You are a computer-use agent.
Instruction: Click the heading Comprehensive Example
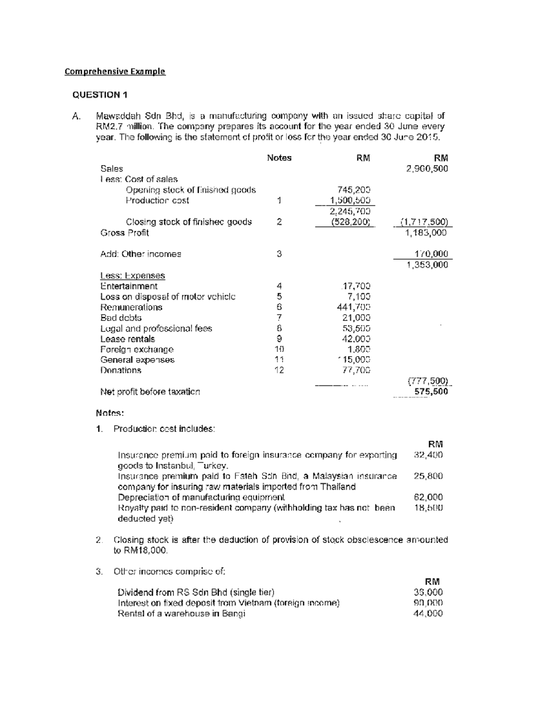(x=115, y=71)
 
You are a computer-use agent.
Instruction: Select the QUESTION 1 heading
(x=100, y=95)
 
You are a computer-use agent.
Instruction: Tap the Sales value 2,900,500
(x=427, y=169)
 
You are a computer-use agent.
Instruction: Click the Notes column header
(x=279, y=158)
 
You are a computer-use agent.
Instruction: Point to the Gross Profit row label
(x=124, y=233)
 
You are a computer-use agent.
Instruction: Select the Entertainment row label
(x=129, y=286)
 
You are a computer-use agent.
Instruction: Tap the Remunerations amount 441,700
(x=353, y=307)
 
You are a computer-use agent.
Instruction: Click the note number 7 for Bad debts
(x=279, y=318)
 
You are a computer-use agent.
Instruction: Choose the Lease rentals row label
(x=128, y=339)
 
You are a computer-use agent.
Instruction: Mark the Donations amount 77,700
(x=356, y=370)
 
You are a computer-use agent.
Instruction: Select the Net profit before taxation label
(x=150, y=392)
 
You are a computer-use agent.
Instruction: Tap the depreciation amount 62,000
(x=428, y=497)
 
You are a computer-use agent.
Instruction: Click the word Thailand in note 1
(x=338, y=486)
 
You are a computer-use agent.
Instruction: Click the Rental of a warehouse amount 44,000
(x=428, y=614)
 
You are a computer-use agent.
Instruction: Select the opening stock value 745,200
(x=353, y=190)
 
